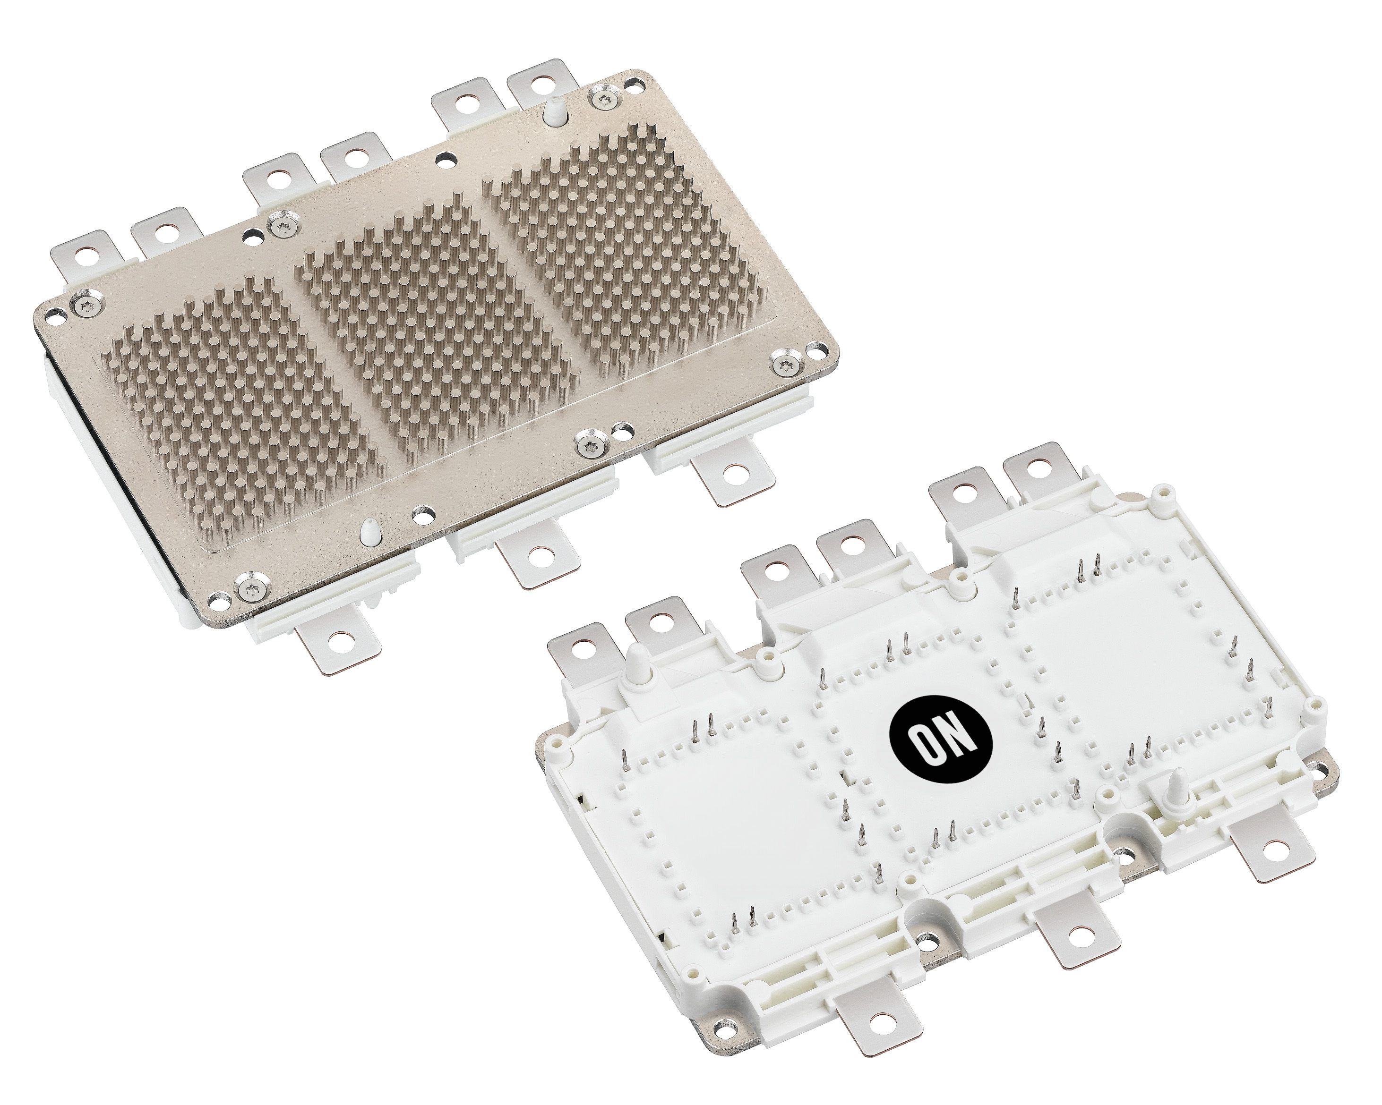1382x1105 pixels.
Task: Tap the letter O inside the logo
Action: point(926,749)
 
